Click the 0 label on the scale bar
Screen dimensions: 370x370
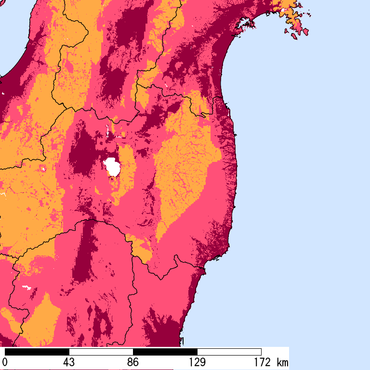5,362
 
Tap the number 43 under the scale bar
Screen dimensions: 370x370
69,362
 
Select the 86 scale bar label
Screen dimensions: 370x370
133,362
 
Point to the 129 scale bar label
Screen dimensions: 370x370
197,362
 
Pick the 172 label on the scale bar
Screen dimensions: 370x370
261,362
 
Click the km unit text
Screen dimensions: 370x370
282,362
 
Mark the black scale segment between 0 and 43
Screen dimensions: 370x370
37,352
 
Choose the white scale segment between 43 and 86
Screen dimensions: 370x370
101,352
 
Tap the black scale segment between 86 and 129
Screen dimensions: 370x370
165,352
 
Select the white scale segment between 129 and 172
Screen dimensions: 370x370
229,352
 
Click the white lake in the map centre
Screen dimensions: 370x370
112,167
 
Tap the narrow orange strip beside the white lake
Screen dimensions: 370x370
126,169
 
